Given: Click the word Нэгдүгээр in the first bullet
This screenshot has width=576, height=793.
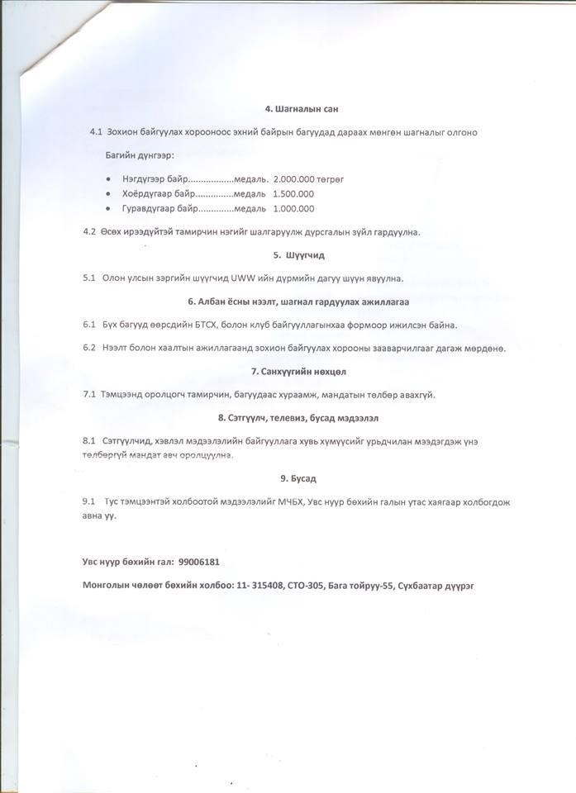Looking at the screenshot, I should point(142,178).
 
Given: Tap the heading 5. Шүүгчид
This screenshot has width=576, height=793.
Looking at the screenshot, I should point(298,255).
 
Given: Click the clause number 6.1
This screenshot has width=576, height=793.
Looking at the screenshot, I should point(89,325).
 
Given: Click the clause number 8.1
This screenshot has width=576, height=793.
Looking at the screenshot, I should point(89,441).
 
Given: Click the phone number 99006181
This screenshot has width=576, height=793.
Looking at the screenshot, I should point(198,562).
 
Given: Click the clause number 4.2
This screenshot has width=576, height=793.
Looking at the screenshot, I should point(89,231).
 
